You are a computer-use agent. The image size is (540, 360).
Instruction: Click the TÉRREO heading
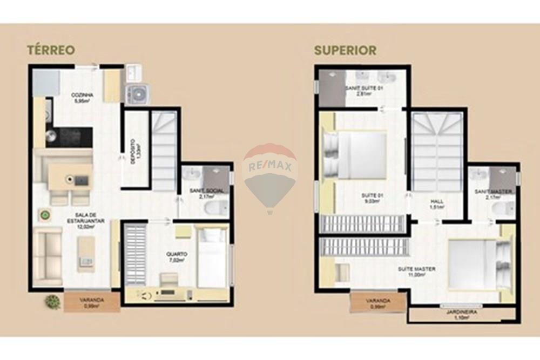pos(51,50)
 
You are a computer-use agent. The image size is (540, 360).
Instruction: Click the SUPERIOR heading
pos(345,50)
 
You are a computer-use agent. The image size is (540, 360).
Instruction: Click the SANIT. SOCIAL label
pos(206,193)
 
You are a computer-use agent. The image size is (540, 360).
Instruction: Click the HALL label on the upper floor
pos(437,204)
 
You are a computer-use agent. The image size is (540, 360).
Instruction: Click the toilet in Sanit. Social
pos(220,207)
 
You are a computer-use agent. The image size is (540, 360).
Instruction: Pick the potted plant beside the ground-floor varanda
pos(53,302)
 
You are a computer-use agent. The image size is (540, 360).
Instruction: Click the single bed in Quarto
pos(211,258)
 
